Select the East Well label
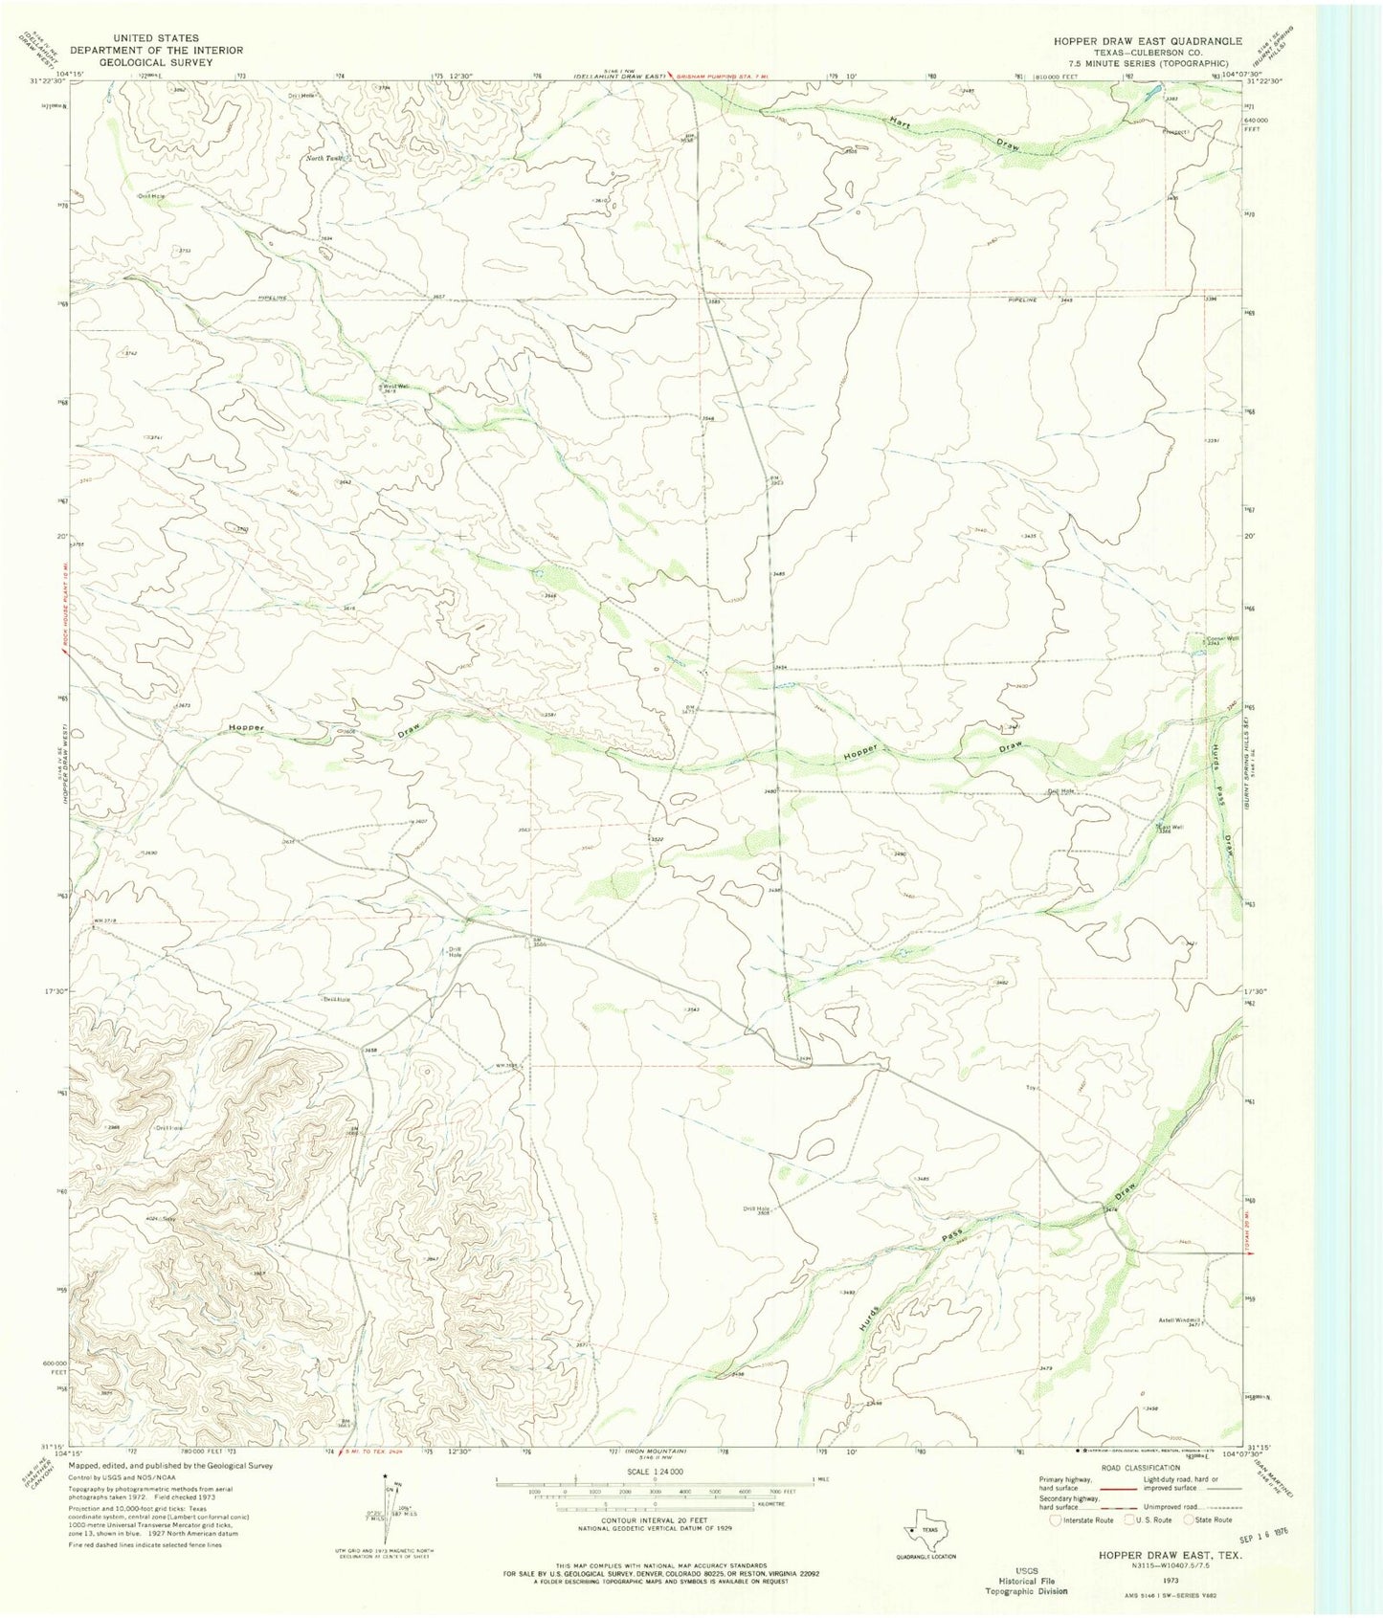(1165, 828)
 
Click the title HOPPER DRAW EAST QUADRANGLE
(1148, 41)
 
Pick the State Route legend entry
(1208, 1519)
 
